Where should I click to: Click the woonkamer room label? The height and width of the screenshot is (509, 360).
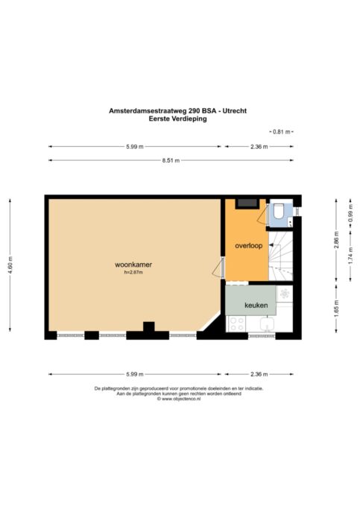[133, 265]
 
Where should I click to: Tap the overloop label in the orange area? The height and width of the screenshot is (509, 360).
[249, 246]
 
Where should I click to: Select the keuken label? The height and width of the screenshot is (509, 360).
[256, 305]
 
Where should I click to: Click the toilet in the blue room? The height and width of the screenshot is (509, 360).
[279, 211]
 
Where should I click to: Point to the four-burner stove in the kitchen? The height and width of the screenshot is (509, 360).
[237, 323]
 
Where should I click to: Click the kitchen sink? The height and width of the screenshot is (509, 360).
[267, 324]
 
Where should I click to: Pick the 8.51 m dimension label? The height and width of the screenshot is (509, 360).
[171, 160]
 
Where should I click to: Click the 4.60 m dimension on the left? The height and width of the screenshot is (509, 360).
[10, 265]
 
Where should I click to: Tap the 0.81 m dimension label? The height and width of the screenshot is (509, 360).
[281, 132]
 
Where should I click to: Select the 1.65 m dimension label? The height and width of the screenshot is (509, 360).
[336, 309]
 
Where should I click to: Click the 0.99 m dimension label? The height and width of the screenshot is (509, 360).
[350, 215]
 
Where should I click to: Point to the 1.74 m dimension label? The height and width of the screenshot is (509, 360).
[350, 256]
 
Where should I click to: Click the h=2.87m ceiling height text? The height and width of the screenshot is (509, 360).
[133, 273]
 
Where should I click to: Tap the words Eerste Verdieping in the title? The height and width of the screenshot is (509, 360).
[178, 118]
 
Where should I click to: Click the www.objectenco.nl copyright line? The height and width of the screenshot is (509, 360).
[179, 399]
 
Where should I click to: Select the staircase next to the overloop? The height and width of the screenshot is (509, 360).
[281, 256]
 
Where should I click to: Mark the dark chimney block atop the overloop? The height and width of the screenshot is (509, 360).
[247, 203]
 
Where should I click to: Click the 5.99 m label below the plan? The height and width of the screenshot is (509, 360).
[135, 374]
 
